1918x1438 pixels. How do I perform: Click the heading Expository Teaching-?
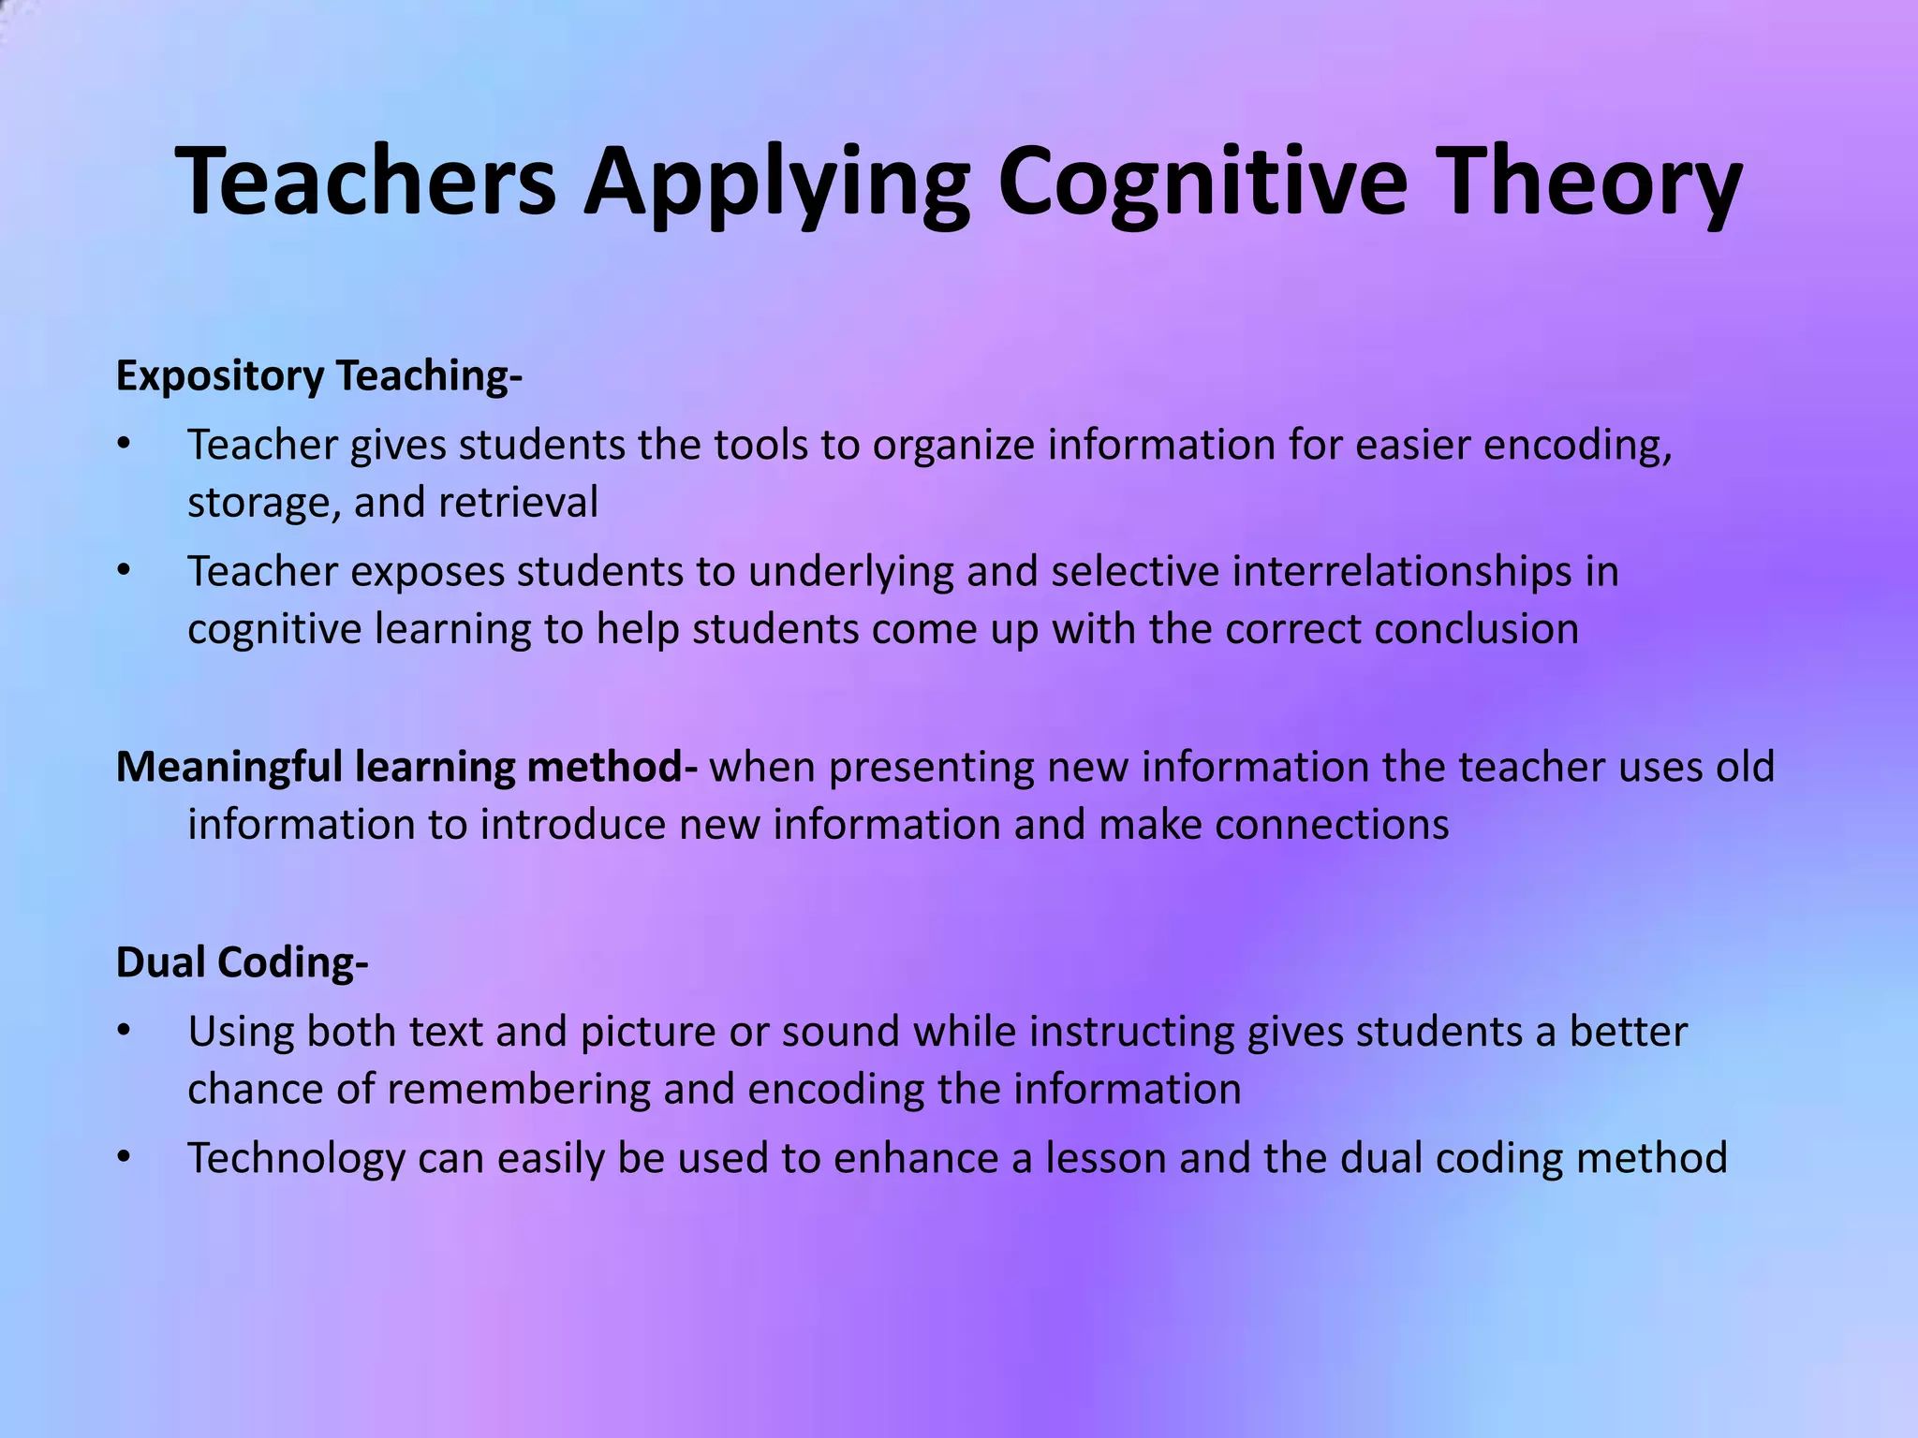point(318,376)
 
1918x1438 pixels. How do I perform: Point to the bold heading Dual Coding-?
point(242,962)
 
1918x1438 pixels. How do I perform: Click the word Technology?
point(297,1158)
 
